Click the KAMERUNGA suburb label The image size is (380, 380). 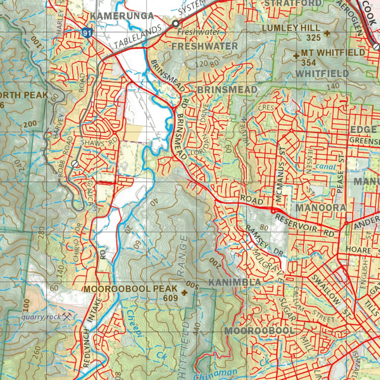(x=122, y=16)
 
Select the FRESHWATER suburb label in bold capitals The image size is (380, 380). (x=204, y=46)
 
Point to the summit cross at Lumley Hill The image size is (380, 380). (x=327, y=33)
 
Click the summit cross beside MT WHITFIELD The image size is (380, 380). (x=296, y=56)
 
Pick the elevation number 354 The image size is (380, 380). (x=308, y=63)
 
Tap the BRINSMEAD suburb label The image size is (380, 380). (x=227, y=90)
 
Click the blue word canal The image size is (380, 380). (x=325, y=167)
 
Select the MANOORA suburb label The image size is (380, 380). (x=321, y=207)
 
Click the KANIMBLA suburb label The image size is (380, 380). (x=235, y=282)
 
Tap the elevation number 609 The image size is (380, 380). (x=170, y=298)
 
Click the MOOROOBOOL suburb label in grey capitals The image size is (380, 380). (x=260, y=331)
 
